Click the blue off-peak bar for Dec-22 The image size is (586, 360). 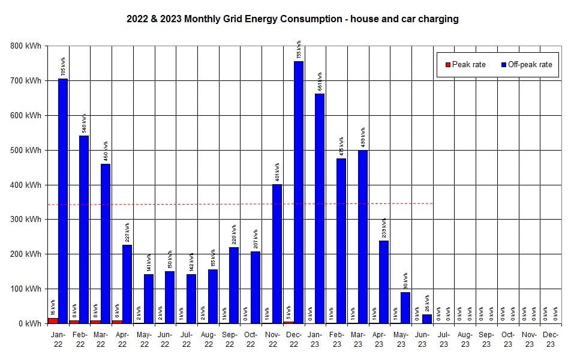pos(298,192)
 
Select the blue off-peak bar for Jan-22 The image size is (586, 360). pos(62,201)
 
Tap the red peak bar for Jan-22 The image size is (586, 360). pos(53,320)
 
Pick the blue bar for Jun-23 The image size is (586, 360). pos(426,319)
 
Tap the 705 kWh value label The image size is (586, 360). pos(63,67)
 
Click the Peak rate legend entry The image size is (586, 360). pos(465,64)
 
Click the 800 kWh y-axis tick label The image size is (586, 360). pos(26,46)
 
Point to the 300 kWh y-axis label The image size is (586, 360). pos(26,220)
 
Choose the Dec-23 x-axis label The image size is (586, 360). pos(550,340)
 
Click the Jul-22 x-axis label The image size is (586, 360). pos(187,340)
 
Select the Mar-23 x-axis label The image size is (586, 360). pos(357,340)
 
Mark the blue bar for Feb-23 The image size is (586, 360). pos(341,241)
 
